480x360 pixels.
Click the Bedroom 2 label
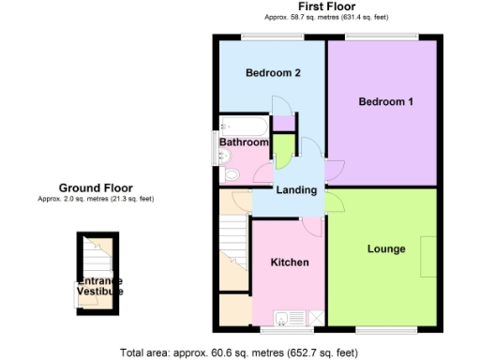pos(273,73)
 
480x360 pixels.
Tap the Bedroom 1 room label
pos(385,101)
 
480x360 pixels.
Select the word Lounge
pos(386,248)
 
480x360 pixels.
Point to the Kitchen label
pos(290,262)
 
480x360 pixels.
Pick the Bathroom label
pos(244,142)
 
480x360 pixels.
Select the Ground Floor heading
pos(96,187)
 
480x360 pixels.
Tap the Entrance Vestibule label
pos(99,286)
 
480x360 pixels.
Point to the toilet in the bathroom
pos(230,172)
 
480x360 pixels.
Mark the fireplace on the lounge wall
pos(427,255)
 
